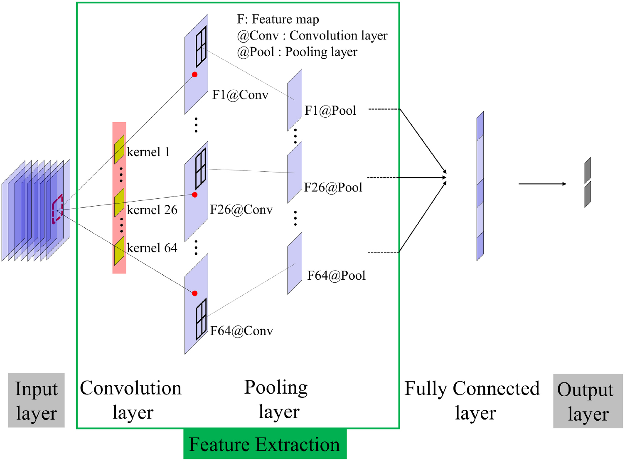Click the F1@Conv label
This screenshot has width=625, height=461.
click(x=240, y=95)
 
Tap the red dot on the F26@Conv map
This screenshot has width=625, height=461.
click(x=194, y=195)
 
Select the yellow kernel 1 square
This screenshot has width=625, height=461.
click(x=119, y=150)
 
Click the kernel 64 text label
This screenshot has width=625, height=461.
click(x=152, y=248)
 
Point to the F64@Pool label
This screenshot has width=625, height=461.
click(x=336, y=276)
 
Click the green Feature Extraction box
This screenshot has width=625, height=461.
click(x=265, y=444)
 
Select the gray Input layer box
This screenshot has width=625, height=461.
click(x=37, y=400)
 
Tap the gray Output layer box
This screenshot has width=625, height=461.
click(x=588, y=401)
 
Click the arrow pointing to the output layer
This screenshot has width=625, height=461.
click(x=542, y=184)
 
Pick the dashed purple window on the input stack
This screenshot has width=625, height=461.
click(x=57, y=209)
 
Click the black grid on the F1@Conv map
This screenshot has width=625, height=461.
click(x=201, y=47)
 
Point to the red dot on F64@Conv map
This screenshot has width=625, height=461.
click(x=194, y=293)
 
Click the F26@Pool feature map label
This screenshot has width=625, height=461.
click(x=333, y=187)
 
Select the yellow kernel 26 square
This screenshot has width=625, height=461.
click(x=119, y=202)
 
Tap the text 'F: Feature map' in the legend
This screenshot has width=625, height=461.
click(x=278, y=20)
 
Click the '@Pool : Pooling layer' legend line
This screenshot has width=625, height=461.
click(x=297, y=52)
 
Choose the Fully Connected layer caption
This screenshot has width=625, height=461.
click(x=472, y=400)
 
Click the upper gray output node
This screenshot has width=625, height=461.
click(x=588, y=170)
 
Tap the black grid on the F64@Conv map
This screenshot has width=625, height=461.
click(x=201, y=319)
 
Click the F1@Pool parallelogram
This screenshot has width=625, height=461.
click(x=295, y=100)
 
